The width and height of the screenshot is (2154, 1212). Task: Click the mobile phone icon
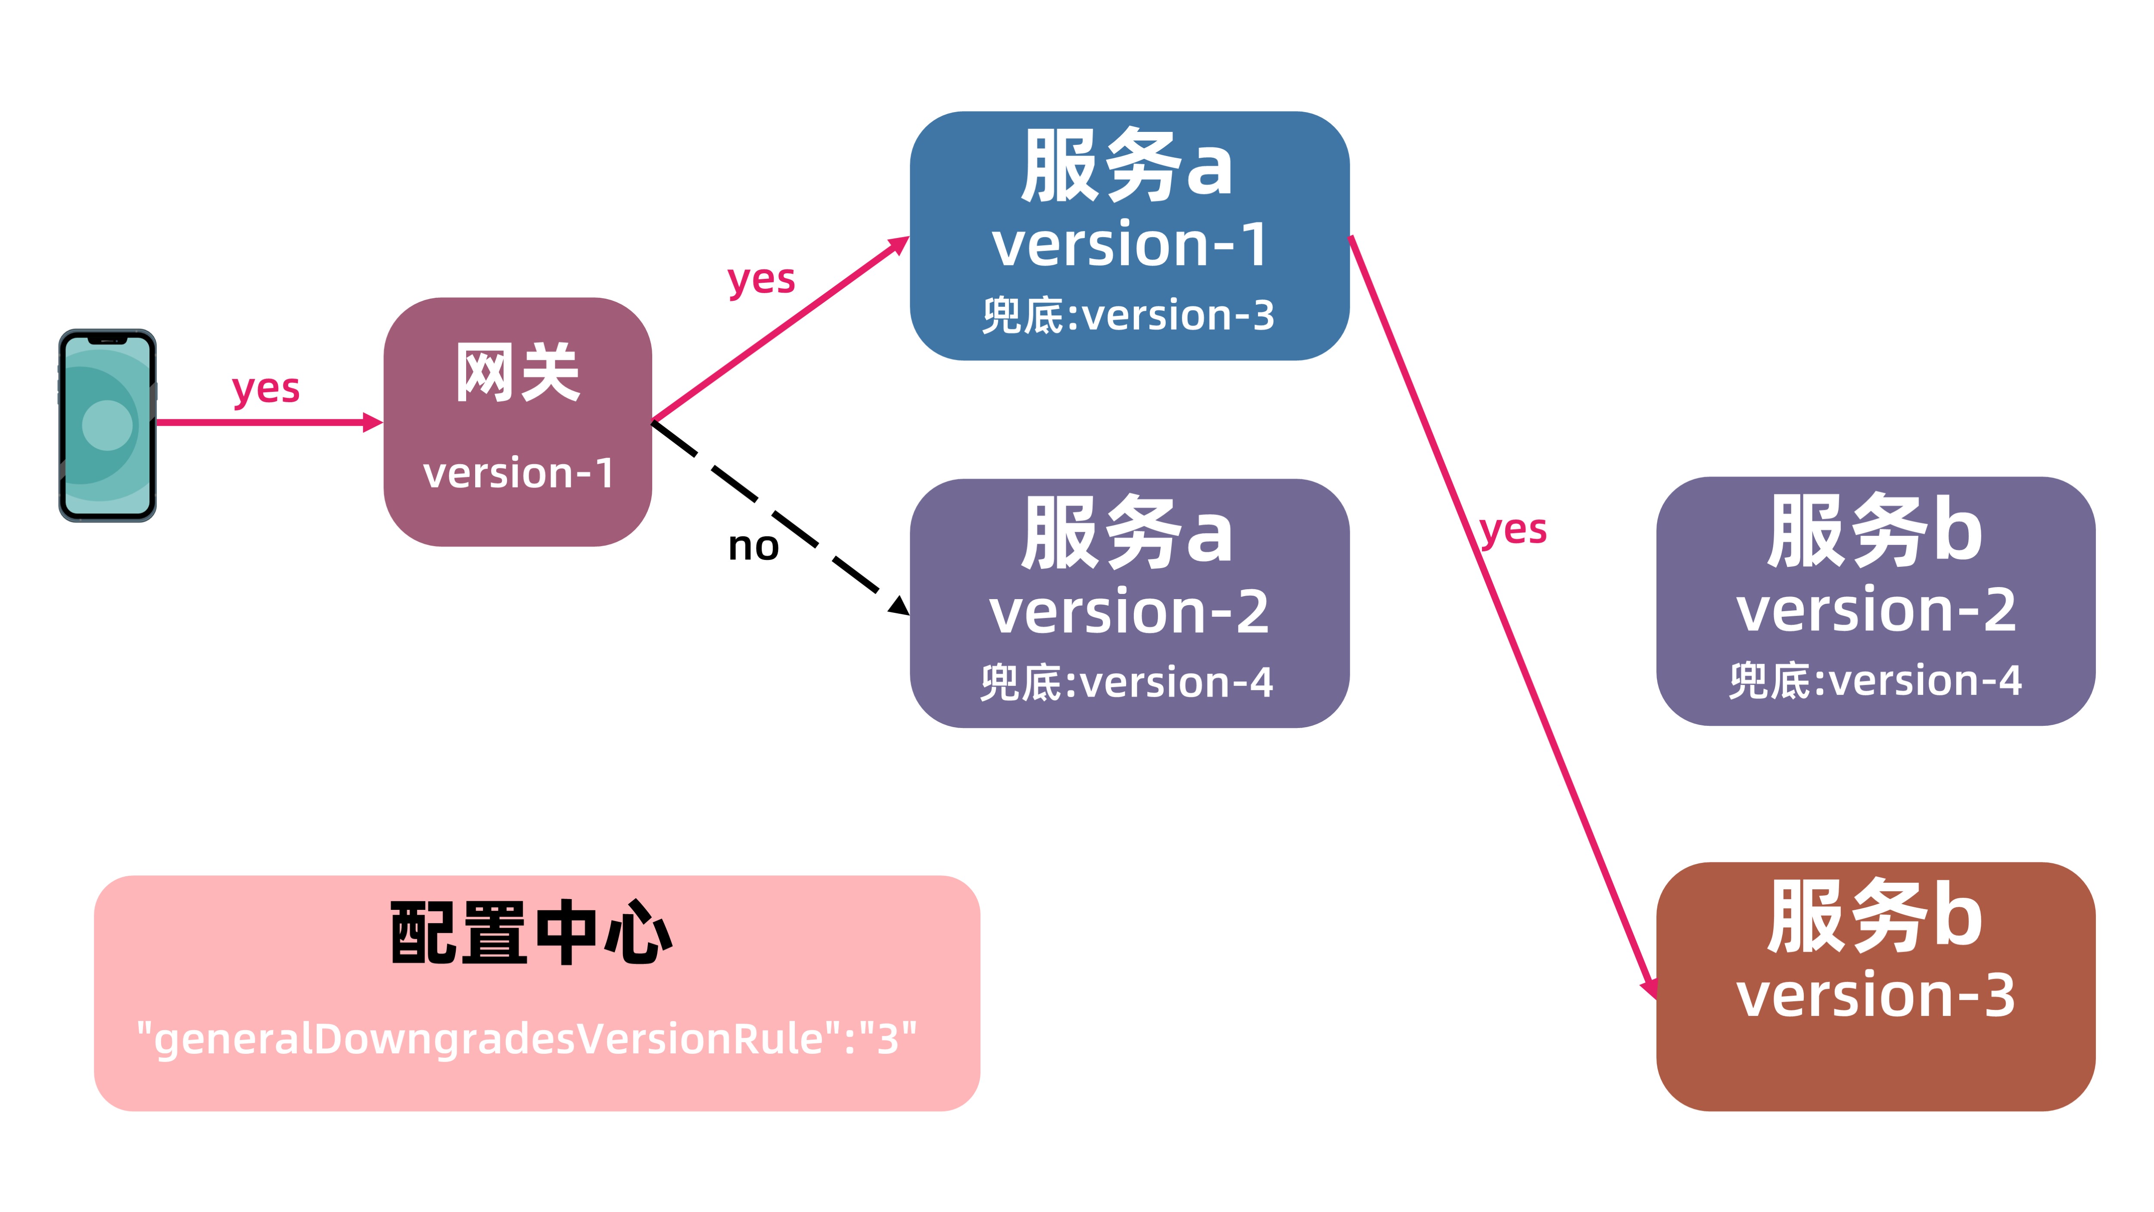[107, 425]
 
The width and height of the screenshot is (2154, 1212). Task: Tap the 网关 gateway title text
[517, 373]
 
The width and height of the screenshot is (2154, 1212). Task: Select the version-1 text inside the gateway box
[517, 473]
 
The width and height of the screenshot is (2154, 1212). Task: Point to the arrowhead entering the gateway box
[373, 422]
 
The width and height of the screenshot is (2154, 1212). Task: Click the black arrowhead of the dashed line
[899, 606]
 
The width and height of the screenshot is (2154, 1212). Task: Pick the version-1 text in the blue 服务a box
[1129, 245]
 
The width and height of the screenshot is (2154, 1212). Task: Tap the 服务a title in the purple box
[1127, 533]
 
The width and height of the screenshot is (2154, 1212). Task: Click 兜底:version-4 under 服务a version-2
[1127, 683]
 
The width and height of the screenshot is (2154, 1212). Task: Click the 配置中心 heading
[532, 933]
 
